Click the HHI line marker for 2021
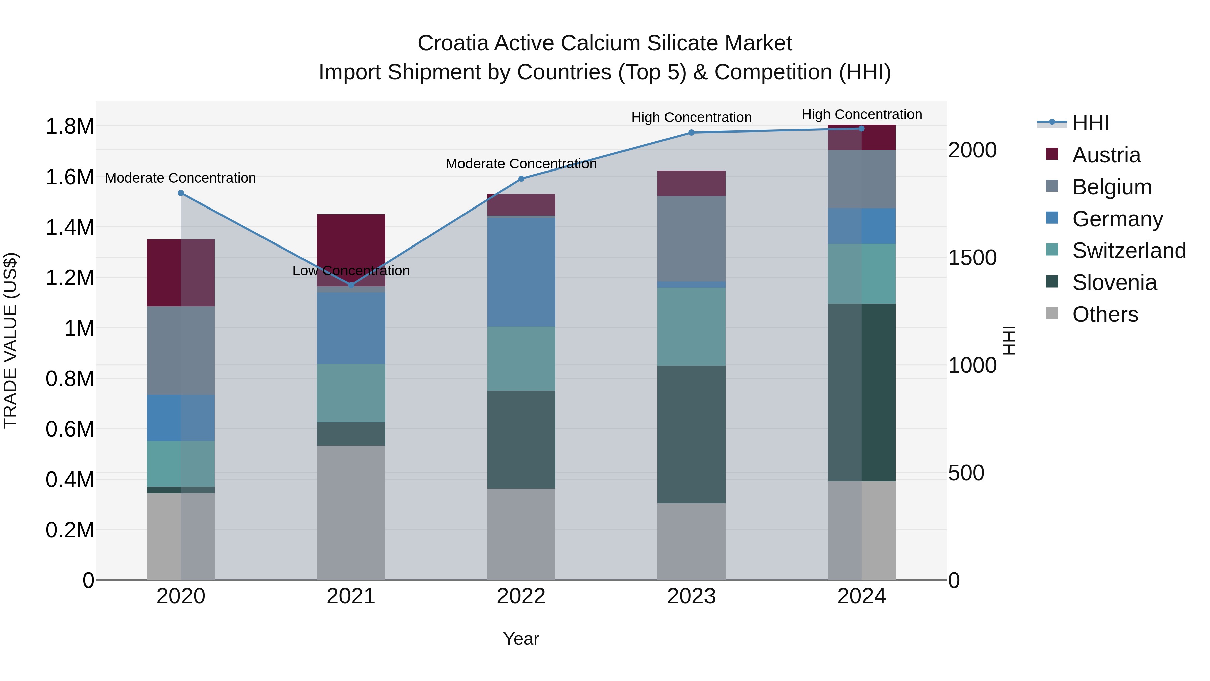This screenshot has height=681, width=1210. (351, 285)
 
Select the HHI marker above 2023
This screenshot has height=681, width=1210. (691, 133)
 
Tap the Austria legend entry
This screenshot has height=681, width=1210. (1106, 155)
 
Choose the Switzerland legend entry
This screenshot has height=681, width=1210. (1129, 251)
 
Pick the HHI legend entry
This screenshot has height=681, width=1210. (1090, 123)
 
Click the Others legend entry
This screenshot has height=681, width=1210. (1105, 314)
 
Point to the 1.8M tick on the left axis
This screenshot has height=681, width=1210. (70, 126)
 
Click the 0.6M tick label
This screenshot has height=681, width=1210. (70, 429)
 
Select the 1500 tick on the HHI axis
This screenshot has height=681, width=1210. (972, 258)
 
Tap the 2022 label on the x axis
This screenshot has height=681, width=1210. (521, 596)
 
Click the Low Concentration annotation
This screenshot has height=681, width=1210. (351, 271)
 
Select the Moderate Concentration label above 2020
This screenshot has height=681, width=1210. (180, 178)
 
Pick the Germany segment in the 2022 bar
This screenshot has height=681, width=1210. (521, 272)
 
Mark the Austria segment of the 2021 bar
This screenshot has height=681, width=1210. (351, 244)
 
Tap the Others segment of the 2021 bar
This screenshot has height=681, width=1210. (351, 512)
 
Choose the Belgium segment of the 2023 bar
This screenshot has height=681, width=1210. (691, 239)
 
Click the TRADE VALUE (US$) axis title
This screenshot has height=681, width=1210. (10, 340)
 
